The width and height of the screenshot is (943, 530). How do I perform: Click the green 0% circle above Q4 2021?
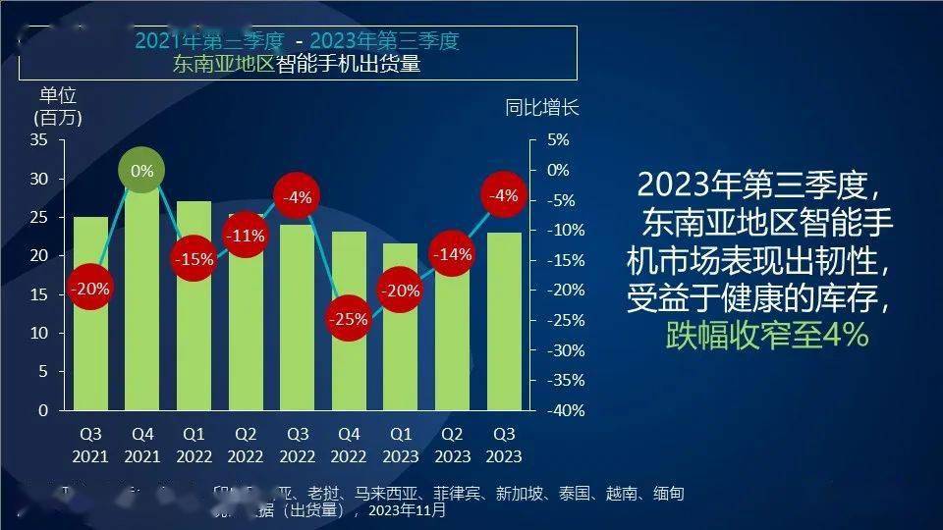pyautogui.click(x=142, y=171)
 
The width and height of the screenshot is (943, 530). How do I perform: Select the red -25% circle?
pyautogui.click(x=349, y=319)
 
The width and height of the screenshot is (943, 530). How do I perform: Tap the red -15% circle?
pyautogui.click(x=194, y=260)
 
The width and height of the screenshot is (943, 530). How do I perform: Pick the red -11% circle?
pyautogui.click(x=246, y=236)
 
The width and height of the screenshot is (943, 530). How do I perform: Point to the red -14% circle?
pyautogui.click(x=452, y=254)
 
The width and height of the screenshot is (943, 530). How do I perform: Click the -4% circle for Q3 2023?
pyautogui.click(x=504, y=195)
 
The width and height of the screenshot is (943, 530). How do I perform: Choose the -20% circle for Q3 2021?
pyautogui.click(x=90, y=289)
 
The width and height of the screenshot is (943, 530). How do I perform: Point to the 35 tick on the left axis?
pyautogui.click(x=39, y=139)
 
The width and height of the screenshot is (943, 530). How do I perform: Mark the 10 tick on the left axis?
pyautogui.click(x=39, y=333)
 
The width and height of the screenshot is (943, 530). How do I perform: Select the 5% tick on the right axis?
pyautogui.click(x=558, y=139)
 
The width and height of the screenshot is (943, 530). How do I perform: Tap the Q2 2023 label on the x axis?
pyautogui.click(x=452, y=445)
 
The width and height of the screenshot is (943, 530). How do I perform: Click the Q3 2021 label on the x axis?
pyautogui.click(x=90, y=445)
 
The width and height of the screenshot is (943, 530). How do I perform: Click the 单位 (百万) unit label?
pyautogui.click(x=58, y=106)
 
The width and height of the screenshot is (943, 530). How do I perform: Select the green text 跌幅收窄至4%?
pyautogui.click(x=766, y=335)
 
